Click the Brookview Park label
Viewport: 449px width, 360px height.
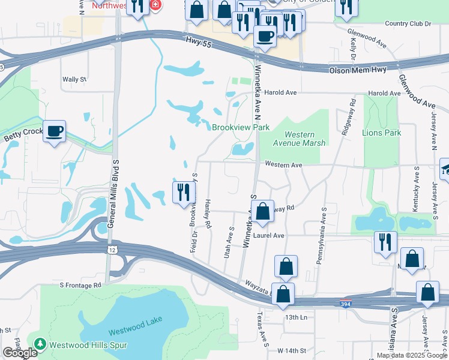tap(240, 127)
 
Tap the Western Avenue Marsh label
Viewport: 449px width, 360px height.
tap(304, 139)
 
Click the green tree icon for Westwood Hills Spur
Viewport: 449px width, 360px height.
tap(40, 344)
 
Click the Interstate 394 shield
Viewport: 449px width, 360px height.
tap(345, 304)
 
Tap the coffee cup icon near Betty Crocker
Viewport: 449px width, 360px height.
tap(54, 131)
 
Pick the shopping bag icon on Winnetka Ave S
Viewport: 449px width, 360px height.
tap(262, 211)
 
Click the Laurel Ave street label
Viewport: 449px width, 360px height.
tap(269, 236)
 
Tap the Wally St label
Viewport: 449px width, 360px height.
tap(75, 79)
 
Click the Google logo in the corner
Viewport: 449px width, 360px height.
tap(20, 353)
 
